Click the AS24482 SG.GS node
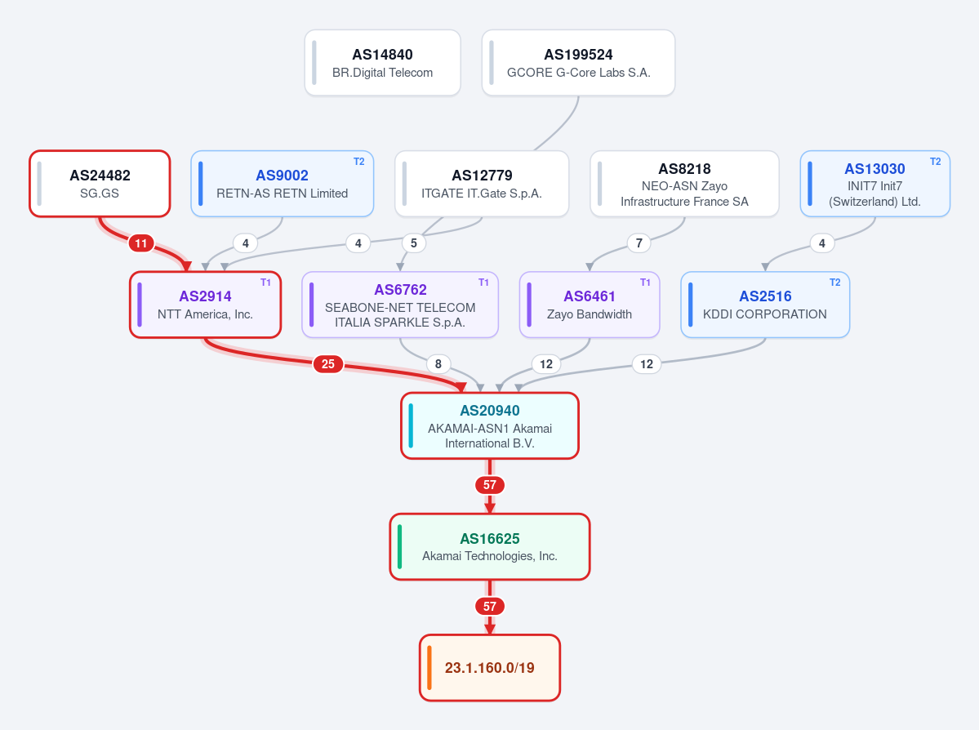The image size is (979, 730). (x=100, y=184)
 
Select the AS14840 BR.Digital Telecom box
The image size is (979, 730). (x=383, y=63)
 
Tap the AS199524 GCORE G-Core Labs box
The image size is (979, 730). (x=578, y=63)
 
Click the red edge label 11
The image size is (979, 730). (x=141, y=243)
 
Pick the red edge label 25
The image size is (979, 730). (x=327, y=364)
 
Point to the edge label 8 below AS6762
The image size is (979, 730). (x=438, y=364)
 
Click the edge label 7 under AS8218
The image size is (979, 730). (x=639, y=243)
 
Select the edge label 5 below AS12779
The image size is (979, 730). (x=413, y=243)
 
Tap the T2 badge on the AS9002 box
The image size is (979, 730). (x=359, y=162)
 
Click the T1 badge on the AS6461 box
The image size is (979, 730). (x=646, y=283)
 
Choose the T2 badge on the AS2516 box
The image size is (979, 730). (x=834, y=283)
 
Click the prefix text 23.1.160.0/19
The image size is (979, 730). (x=490, y=668)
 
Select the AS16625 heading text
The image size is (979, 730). (x=490, y=539)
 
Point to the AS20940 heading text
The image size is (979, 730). (x=490, y=411)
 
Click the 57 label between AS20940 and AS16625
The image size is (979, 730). (x=490, y=485)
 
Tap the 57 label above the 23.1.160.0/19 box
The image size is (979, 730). (x=490, y=607)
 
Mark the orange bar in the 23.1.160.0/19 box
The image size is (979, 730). (x=429, y=668)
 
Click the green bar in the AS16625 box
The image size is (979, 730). (x=399, y=547)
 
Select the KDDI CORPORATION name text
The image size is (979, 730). (x=765, y=314)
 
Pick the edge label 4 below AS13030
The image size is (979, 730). (x=821, y=243)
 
